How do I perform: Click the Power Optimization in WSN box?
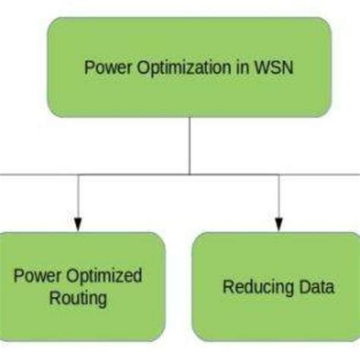(189, 68)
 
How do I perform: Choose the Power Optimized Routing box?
(80, 286)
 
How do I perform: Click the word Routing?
(78, 298)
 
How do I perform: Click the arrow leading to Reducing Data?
(278, 199)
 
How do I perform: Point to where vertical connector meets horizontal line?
(190, 175)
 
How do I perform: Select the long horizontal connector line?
(137, 175)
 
